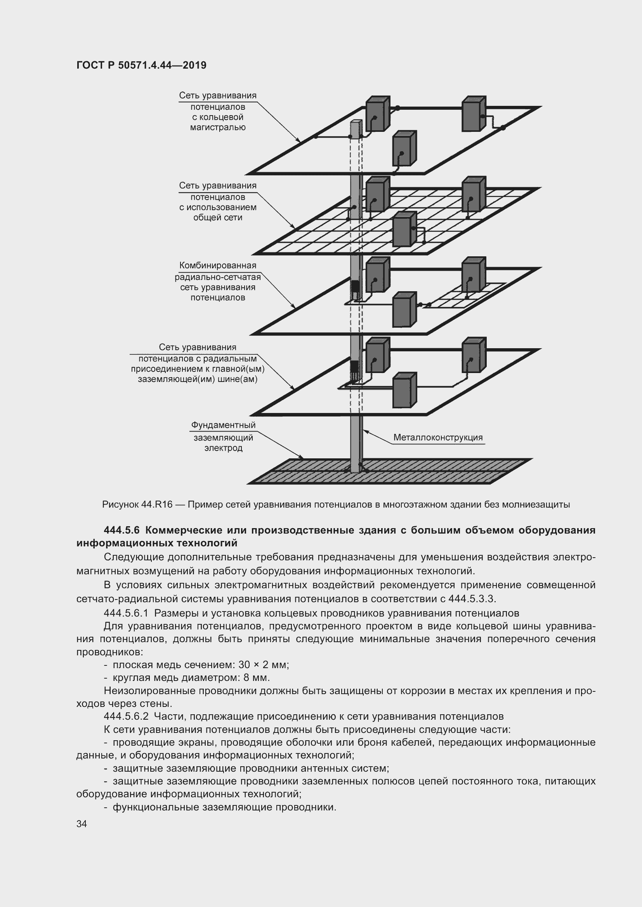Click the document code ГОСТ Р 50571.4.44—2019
coord(141,65)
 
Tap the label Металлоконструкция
coord(437,437)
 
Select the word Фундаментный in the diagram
coord(223,425)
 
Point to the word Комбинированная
coord(217,266)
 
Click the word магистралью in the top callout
coord(218,128)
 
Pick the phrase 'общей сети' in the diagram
coord(218,218)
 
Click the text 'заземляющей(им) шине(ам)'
coord(198,380)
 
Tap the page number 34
coord(82,824)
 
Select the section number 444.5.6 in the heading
coord(121,530)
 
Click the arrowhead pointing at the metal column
coord(365,431)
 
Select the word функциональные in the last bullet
coord(156,807)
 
